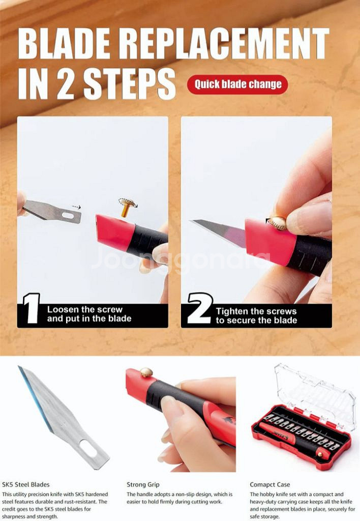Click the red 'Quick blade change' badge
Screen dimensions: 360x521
point(237,84)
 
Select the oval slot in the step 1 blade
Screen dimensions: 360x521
point(68,216)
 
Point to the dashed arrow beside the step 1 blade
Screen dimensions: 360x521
point(76,207)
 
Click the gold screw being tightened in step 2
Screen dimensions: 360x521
point(278,223)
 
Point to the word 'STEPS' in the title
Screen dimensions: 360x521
point(129,84)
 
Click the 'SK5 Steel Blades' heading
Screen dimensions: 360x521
point(25,484)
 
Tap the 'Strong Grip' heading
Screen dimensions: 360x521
point(143,485)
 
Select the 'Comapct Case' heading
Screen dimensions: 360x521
point(269,485)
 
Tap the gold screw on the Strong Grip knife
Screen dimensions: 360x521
point(146,372)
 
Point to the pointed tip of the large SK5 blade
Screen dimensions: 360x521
point(19,367)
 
